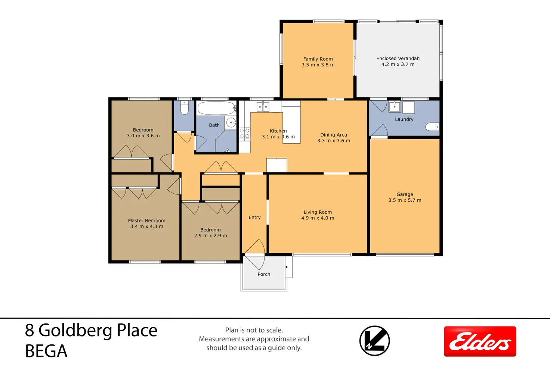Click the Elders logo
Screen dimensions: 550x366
coord(480,341)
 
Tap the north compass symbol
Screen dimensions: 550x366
coord(374,341)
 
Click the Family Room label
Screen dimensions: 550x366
coord(318,59)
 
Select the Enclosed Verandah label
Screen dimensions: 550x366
coord(398,58)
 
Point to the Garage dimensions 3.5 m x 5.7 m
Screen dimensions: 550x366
coord(405,200)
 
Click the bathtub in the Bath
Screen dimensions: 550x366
coord(216,108)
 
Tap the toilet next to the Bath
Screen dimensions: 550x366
coord(185,107)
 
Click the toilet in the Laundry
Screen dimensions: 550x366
coord(432,127)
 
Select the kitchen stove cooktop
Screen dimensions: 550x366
coord(245,134)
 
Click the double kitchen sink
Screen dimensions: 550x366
coord(263,107)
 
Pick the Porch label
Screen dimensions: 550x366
coord(264,274)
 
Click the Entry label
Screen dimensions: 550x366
coord(254,217)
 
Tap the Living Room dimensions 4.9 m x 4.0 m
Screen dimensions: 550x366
coord(318,218)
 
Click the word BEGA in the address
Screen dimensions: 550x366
coord(46,351)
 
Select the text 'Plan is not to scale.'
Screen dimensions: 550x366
coord(254,330)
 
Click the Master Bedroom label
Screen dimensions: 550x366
coord(146,220)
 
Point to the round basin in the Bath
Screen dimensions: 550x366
coord(231,122)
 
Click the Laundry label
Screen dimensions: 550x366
coord(404,119)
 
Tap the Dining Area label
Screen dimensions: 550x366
coord(333,135)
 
